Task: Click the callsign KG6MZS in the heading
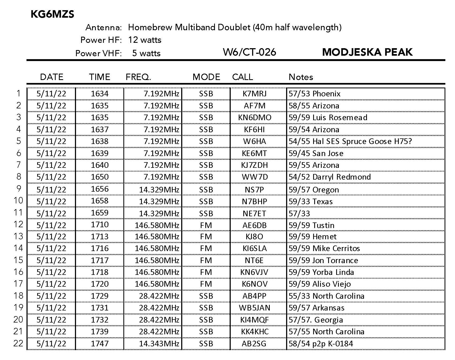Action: pyautogui.click(x=52, y=14)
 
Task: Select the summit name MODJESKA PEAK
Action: pyautogui.click(x=367, y=52)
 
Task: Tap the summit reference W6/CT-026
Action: pyautogui.click(x=249, y=52)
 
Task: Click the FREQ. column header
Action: pyautogui.click(x=138, y=77)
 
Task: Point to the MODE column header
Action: pyautogui.click(x=206, y=77)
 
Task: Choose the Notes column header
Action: pyautogui.click(x=301, y=77)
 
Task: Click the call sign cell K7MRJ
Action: pyautogui.click(x=255, y=94)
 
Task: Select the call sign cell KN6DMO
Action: pyautogui.click(x=255, y=118)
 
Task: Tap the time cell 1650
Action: pyautogui.click(x=100, y=177)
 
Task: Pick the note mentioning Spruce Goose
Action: pyautogui.click(x=350, y=141)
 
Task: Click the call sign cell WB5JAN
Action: pyautogui.click(x=255, y=308)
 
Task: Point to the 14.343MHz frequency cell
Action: pyautogui.click(x=159, y=343)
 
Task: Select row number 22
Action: pyautogui.click(x=18, y=343)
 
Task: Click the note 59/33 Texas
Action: pyautogui.click(x=310, y=202)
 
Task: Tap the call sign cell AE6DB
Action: pyautogui.click(x=255, y=225)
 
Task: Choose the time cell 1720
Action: pyautogui.click(x=100, y=284)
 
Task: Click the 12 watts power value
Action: pyautogui.click(x=145, y=40)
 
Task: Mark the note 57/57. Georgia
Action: pyautogui.click(x=316, y=320)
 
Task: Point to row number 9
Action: pyautogui.click(x=18, y=189)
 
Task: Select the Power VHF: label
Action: pyautogui.click(x=98, y=53)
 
